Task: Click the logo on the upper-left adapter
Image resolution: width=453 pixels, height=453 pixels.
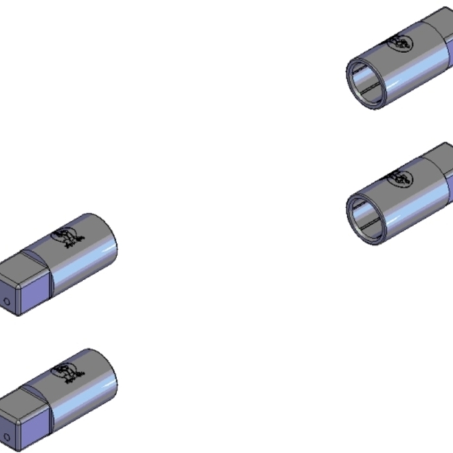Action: (67, 237)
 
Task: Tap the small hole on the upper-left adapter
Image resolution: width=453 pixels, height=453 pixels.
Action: (6, 302)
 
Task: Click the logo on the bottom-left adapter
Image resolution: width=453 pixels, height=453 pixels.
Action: (67, 371)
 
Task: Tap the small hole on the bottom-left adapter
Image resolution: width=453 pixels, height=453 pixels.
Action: (6, 436)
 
